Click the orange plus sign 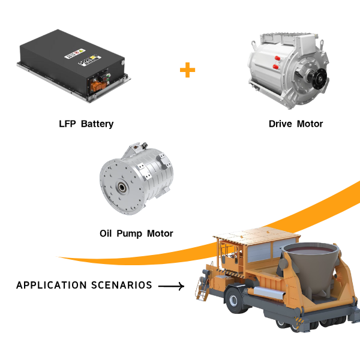[187, 70]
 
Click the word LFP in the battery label [67, 124]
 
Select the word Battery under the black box [97, 124]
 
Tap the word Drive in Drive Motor [281, 124]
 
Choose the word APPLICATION [52, 285]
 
